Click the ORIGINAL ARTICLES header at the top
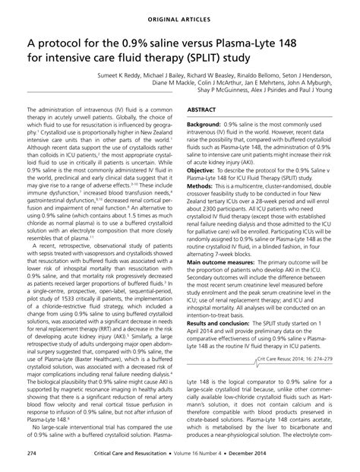[x=180, y=13]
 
